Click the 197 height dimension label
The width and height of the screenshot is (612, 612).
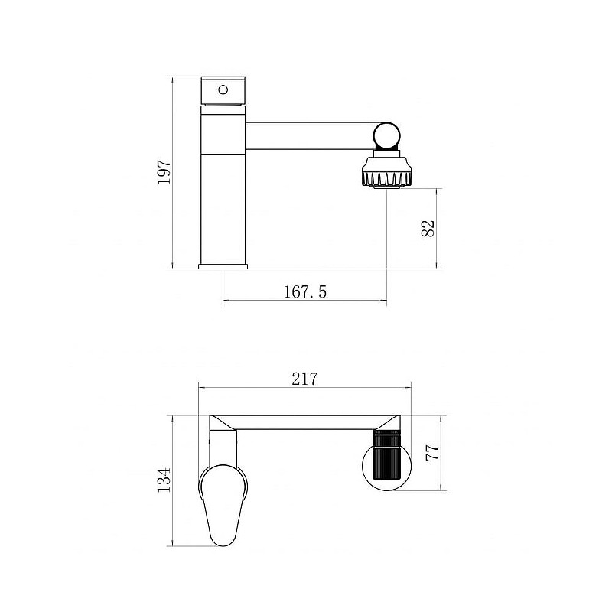(164, 171)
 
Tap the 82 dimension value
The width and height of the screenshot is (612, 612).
(428, 229)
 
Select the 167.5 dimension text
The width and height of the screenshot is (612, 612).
(304, 292)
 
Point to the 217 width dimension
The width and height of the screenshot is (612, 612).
(304, 379)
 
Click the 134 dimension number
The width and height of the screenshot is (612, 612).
(164, 480)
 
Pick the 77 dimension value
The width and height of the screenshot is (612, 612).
(432, 453)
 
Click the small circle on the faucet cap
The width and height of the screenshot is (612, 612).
(223, 90)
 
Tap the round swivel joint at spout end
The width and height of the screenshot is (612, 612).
(386, 136)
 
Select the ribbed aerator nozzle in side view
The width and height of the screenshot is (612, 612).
(386, 173)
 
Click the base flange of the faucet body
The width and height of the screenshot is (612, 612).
(223, 266)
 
